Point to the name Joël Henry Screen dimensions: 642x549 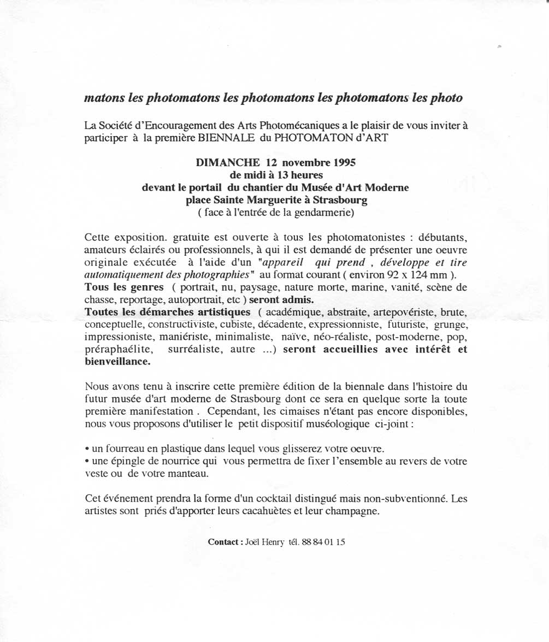point(265,542)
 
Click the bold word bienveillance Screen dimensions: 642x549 point(117,362)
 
